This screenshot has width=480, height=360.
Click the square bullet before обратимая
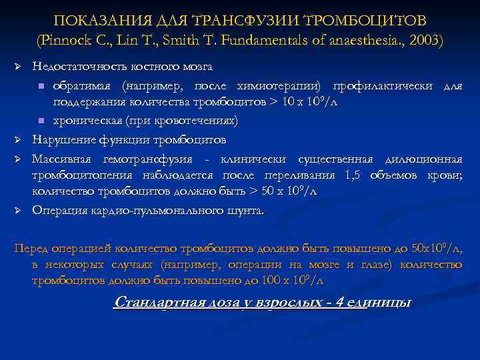point(41,87)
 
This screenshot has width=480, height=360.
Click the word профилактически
point(380,86)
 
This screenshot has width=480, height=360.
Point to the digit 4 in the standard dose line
point(340,302)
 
